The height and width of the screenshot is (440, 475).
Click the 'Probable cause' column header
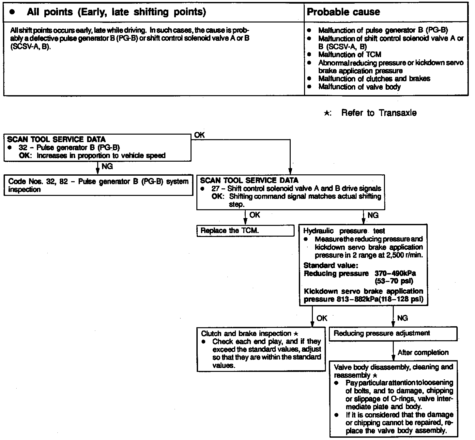(344, 12)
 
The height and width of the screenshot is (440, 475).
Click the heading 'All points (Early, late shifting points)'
(116, 12)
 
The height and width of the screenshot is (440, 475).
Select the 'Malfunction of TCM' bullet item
(349, 54)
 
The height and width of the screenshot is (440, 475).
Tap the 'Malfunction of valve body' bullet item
(359, 87)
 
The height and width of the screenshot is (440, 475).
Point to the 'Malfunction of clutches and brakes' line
(374, 79)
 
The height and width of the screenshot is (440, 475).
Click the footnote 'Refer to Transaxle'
(378, 113)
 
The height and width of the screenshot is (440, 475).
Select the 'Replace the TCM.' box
(245, 231)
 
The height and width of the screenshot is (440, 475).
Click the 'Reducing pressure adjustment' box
(393, 334)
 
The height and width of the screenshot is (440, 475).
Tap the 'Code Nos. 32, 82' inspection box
(98, 185)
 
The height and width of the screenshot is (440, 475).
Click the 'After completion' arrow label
(423, 352)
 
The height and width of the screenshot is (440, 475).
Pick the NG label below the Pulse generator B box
(107, 167)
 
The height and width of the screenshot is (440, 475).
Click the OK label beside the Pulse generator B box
(199, 135)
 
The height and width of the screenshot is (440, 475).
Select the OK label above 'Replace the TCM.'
(255, 215)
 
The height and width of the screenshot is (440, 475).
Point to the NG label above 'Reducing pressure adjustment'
(402, 318)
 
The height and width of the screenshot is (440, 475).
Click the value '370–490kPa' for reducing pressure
(395, 273)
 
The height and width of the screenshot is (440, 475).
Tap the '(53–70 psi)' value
(394, 281)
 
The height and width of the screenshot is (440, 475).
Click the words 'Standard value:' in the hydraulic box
(331, 265)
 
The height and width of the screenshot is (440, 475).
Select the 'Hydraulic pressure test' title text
(344, 231)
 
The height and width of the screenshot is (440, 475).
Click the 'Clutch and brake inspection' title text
(246, 333)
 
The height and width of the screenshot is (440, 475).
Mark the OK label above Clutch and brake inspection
(322, 318)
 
